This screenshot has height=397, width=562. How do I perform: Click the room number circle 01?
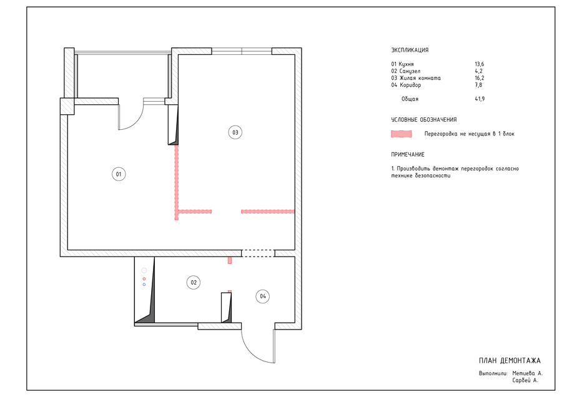[119, 174]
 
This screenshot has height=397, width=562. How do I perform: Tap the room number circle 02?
[194, 282]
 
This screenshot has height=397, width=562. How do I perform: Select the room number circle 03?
[235, 132]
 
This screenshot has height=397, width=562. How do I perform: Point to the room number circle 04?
[263, 297]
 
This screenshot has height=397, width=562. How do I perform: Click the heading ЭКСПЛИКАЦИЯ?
[410, 50]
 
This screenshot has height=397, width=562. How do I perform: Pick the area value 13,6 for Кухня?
[480, 64]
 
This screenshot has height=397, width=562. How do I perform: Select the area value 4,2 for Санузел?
[478, 71]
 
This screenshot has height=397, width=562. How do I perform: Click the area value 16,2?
[480, 78]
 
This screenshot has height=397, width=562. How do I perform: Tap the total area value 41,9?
[480, 99]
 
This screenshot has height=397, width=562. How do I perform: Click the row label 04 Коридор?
[406, 85]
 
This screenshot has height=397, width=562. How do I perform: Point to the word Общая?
[410, 99]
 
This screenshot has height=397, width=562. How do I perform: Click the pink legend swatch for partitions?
[402, 134]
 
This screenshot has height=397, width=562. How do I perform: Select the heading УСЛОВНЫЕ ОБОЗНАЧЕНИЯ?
[424, 120]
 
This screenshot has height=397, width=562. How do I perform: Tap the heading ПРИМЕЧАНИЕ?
[408, 154]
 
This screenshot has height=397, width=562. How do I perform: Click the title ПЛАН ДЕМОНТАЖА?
[510, 360]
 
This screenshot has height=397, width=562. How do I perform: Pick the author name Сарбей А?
[525, 381]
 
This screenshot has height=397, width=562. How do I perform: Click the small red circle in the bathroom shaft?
[144, 278]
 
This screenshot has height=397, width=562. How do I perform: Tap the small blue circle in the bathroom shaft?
[144, 285]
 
